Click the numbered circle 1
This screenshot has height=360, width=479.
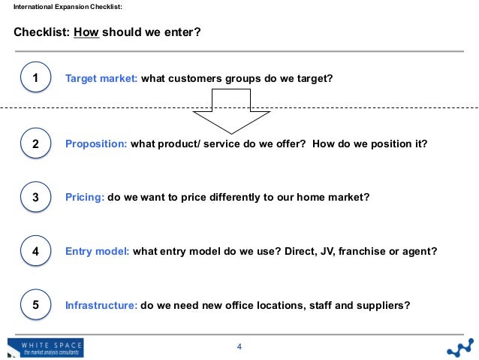tap(35, 77)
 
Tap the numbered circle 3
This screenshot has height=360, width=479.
tap(35, 198)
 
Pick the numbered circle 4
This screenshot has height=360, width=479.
tap(35, 252)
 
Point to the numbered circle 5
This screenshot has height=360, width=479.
tap(35, 305)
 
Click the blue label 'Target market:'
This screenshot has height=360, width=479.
tap(101, 78)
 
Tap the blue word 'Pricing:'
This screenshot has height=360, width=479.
tap(86, 198)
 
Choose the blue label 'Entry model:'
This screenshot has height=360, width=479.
tap(98, 252)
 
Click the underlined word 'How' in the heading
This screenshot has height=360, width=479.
tap(85, 33)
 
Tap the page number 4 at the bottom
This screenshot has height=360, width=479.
tap(239, 346)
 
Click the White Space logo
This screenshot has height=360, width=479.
tap(45, 348)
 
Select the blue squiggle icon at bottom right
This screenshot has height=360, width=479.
tap(459, 347)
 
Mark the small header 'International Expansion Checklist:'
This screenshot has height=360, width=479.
tap(62, 8)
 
